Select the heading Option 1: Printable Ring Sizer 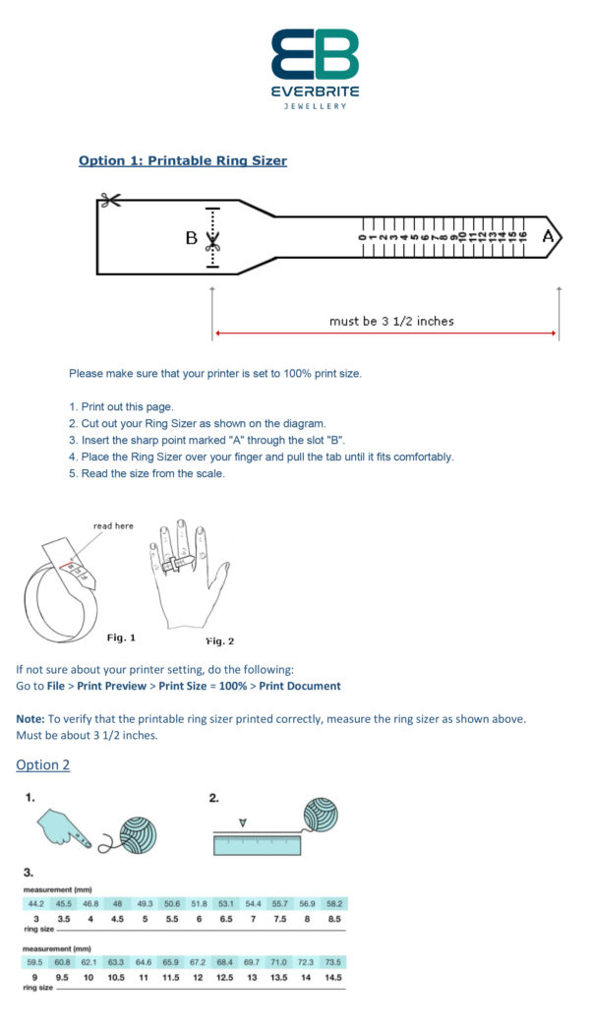coord(183,160)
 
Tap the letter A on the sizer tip coord(548,236)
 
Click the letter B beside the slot coord(192,237)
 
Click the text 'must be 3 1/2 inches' coord(391,321)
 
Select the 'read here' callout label coord(113,525)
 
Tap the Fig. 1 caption coord(121,638)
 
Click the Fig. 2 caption coord(219,640)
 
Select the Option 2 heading coord(43,764)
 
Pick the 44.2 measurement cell coord(35,903)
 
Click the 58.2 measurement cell coord(334,903)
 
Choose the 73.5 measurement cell coord(334,961)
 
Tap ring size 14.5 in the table coord(334,977)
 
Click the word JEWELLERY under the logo coord(315,106)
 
